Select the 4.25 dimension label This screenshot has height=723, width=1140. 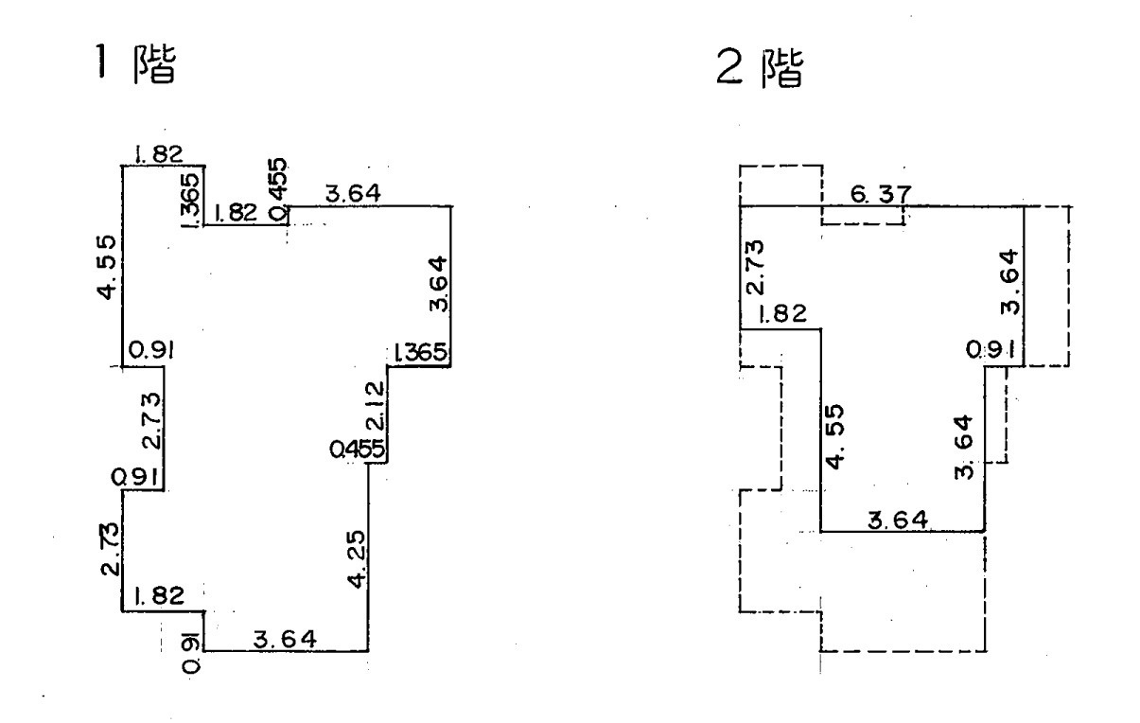pyautogui.click(x=355, y=560)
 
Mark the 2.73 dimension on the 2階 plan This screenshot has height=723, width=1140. pyautogui.click(x=754, y=268)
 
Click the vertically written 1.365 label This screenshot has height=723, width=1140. pyautogui.click(x=190, y=196)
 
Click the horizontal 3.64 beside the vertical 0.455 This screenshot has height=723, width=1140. pyautogui.click(x=351, y=194)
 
